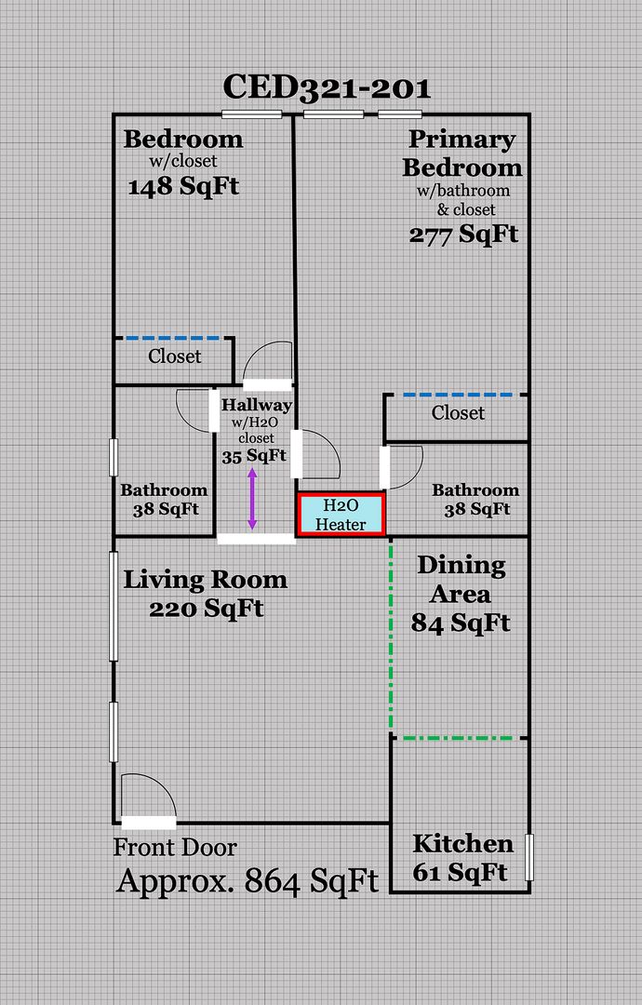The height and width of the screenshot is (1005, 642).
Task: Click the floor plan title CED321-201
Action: click(327, 87)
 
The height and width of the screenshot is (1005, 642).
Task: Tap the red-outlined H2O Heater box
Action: click(341, 515)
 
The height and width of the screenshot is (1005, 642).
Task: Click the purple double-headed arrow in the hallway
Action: click(252, 500)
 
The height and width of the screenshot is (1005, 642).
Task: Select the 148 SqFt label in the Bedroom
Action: click(183, 186)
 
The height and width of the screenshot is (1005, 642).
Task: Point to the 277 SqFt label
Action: click(464, 234)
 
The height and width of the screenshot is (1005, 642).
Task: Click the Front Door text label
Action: click(175, 848)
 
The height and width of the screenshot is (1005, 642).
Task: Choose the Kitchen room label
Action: click(462, 843)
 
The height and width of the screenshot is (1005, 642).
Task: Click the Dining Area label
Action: click(461, 580)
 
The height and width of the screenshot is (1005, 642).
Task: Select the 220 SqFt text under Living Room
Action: click(207, 609)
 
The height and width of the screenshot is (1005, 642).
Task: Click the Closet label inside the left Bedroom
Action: click(174, 355)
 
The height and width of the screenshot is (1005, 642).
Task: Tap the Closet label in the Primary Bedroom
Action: click(458, 413)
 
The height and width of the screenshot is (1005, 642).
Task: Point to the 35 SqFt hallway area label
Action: click(254, 456)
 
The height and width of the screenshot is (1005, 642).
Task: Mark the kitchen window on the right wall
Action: click(529, 857)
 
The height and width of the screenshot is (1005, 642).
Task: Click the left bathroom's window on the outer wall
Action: click(114, 458)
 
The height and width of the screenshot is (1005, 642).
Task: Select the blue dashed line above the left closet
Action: click(173, 338)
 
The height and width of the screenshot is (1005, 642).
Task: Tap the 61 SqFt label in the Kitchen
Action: click(460, 872)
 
